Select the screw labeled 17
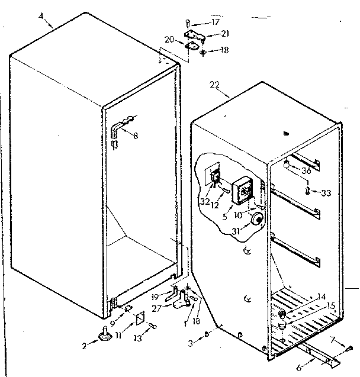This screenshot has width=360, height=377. [x=189, y=24]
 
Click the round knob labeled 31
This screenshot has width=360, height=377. [x=256, y=221]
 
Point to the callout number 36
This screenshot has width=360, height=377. [x=306, y=172]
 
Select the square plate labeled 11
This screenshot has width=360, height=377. [x=140, y=320]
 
